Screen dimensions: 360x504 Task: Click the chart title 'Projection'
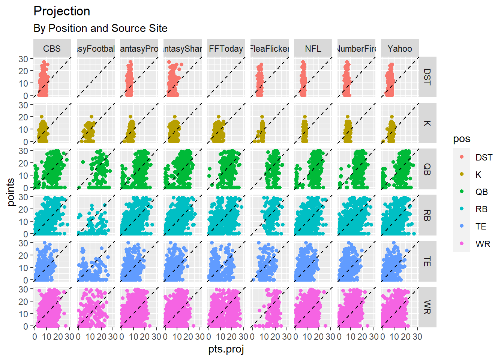62,11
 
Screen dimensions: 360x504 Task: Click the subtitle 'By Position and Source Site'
100,28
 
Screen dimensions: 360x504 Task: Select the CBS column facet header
52,49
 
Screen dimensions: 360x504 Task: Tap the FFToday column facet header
226,49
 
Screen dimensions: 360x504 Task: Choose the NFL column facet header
313,49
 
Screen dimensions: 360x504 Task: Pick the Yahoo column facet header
400,49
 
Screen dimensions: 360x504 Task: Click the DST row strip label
427,77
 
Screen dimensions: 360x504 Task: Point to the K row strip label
427,123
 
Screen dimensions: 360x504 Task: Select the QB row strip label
427,169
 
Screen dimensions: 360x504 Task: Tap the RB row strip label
427,215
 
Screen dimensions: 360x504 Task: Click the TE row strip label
427,261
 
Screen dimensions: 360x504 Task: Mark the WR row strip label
427,307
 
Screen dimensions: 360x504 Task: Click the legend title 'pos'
462,139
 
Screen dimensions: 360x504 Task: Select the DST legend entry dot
462,157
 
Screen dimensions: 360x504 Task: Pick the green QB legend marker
462,192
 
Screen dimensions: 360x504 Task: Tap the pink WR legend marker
462,244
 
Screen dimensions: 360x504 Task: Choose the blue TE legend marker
462,226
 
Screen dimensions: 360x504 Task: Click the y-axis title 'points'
11,192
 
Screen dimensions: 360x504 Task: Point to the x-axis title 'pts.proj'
226,349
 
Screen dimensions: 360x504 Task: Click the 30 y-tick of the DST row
24,59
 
